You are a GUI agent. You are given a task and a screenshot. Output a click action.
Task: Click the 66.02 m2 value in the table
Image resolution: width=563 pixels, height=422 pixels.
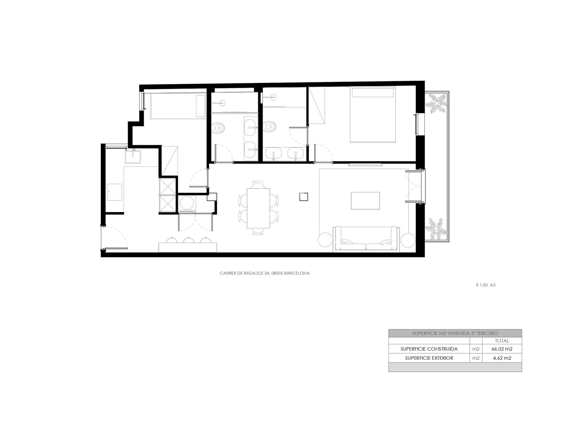pyautogui.click(x=502, y=349)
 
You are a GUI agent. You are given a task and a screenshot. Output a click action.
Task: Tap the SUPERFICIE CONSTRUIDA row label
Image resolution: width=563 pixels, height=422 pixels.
pyautogui.click(x=429, y=349)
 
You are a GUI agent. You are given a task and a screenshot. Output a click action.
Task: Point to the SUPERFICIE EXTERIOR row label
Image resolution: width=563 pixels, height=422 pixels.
pyautogui.click(x=429, y=358)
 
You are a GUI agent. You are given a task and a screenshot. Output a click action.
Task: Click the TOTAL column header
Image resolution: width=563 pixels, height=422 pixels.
pyautogui.click(x=502, y=341)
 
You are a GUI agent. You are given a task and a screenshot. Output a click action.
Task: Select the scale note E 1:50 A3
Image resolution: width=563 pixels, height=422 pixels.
pyautogui.click(x=486, y=285)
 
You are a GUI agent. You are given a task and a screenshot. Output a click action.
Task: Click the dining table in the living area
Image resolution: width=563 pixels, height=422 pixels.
pyautogui.click(x=258, y=208)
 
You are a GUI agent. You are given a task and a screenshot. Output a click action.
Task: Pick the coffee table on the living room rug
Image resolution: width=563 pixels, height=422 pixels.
pyautogui.click(x=365, y=200)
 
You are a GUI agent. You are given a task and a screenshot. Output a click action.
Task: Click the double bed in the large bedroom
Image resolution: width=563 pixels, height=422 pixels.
pyautogui.click(x=373, y=114)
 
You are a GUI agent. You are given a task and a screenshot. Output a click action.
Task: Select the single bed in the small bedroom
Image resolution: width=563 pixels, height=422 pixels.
pyautogui.click(x=178, y=106)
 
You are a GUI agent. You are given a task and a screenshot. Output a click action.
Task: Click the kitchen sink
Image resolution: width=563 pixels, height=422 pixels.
pyautogui.click(x=133, y=157)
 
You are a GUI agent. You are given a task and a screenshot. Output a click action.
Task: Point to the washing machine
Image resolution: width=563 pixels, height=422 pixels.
pyautogui.click(x=187, y=204)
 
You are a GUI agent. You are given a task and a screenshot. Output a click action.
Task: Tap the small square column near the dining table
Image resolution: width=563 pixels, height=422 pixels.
pyautogui.click(x=304, y=197)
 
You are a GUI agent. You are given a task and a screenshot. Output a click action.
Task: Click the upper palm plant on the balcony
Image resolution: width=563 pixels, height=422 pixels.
pyautogui.click(x=437, y=103)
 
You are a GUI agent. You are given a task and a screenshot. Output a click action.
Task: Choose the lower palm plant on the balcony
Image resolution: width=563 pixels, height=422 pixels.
pyautogui.click(x=436, y=229)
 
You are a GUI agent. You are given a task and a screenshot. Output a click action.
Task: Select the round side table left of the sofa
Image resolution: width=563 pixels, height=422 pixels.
pyautogui.click(x=325, y=240)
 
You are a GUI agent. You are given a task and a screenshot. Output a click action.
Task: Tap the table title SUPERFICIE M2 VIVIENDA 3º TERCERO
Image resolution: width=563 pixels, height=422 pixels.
pyautogui.click(x=455, y=333)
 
